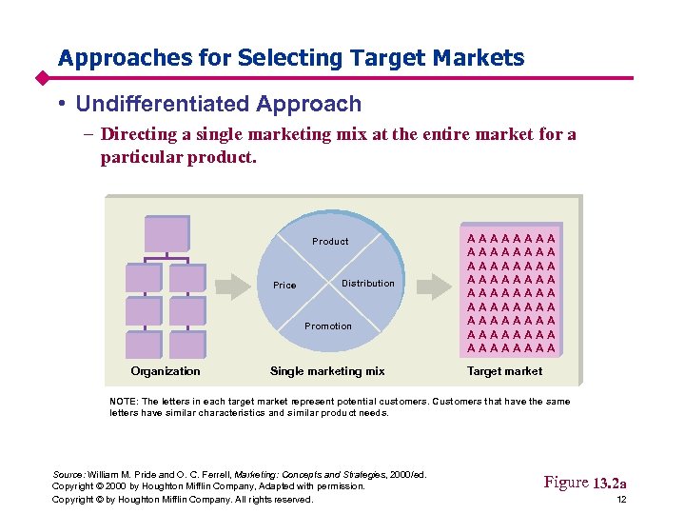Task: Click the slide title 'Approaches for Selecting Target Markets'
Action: pos(290,58)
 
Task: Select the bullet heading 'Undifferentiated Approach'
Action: pos(218,104)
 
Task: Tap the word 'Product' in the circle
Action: pos(330,241)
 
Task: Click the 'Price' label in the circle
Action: pos(284,286)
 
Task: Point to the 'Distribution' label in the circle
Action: pos(367,284)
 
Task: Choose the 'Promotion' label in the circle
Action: pos(328,326)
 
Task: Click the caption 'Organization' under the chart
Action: pos(166,371)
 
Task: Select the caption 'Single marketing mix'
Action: pos(327,371)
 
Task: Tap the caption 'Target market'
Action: pos(504,371)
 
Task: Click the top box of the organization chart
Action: pos(166,233)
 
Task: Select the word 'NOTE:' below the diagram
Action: pos(125,402)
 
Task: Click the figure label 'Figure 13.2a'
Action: pos(584,483)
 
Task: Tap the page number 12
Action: pos(620,500)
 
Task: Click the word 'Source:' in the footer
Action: pos(68,474)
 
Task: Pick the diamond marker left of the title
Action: pos(42,77)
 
